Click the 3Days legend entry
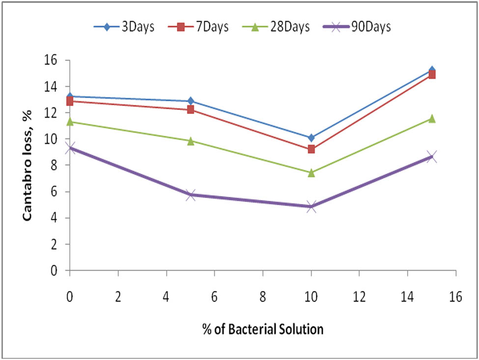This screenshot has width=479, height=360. pos(125,27)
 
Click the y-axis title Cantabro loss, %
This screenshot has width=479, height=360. pos(29,166)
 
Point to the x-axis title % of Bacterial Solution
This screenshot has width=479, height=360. pos(262,329)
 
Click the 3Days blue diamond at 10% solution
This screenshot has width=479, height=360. pos(311,138)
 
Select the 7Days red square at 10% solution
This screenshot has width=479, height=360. pos(311,149)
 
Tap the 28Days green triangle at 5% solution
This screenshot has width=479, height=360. pos(191,141)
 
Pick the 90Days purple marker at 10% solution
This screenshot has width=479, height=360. pos(311,207)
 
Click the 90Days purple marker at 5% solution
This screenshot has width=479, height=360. pos(191,195)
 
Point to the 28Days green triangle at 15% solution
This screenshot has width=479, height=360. pos(431,118)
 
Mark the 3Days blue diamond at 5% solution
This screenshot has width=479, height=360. pos(191,101)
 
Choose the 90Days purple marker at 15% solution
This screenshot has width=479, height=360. pos(431,157)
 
